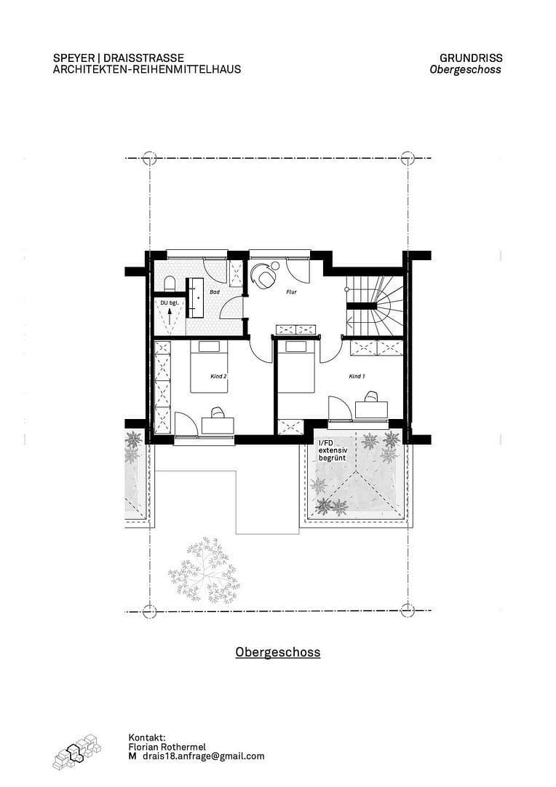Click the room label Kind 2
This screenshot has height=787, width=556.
[218, 377]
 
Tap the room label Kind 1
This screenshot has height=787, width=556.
[356, 377]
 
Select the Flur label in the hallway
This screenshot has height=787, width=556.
[292, 291]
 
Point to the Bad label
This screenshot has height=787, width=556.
[214, 291]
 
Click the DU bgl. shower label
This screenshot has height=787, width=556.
[170, 302]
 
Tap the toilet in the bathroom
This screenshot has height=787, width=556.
[169, 283]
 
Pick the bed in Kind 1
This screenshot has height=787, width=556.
[296, 363]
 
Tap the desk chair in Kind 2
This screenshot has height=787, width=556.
[217, 413]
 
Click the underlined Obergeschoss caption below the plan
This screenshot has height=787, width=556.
[277, 651]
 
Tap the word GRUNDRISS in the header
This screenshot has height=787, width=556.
[471, 58]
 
